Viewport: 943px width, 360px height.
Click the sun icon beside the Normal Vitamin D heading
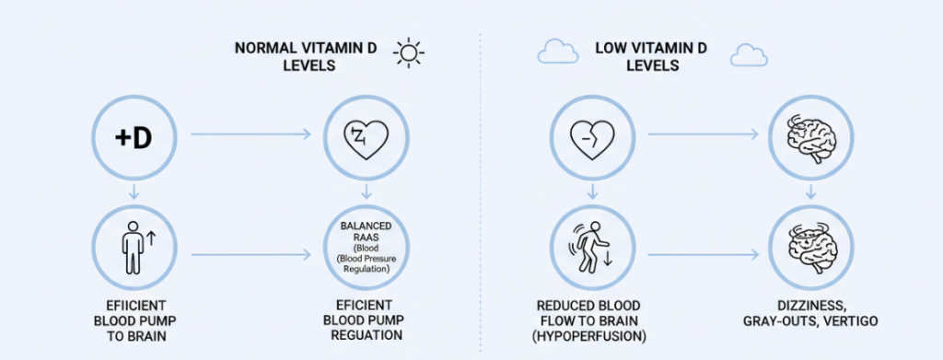(407, 53)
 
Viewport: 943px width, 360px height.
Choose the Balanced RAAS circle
(366, 248)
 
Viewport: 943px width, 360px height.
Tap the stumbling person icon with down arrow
(590, 248)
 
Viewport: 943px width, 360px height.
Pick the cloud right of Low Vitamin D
(749, 54)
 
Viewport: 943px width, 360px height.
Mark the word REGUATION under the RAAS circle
(366, 336)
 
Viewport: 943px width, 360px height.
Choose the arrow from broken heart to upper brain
(702, 136)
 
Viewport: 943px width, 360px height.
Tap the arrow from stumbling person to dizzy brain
(702, 254)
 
